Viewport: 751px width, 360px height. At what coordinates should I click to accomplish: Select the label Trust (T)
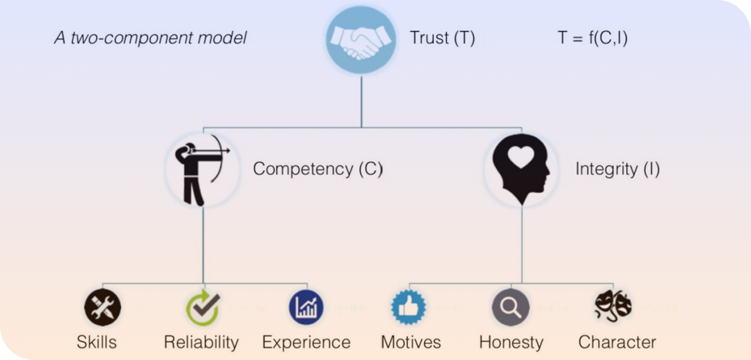click(x=442, y=38)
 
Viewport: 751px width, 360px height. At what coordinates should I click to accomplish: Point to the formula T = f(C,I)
click(x=593, y=38)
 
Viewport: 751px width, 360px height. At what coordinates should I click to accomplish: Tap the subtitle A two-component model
click(x=150, y=38)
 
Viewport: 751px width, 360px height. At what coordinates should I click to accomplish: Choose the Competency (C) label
click(x=317, y=169)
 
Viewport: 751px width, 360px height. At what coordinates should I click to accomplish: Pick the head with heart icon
click(x=521, y=169)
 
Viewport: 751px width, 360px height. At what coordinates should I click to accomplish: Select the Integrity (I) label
click(x=617, y=169)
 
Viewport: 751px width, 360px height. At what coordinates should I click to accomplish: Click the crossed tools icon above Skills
click(x=103, y=307)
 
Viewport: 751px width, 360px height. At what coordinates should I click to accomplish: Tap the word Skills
click(x=97, y=342)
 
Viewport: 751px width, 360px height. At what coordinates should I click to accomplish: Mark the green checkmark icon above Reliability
click(x=203, y=307)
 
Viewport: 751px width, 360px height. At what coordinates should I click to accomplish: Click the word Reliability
click(x=201, y=342)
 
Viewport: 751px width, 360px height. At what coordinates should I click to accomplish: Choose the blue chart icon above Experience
click(x=306, y=307)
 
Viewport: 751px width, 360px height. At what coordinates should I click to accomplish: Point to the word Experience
click(x=306, y=342)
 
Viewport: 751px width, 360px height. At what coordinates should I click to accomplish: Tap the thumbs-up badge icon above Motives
click(x=409, y=307)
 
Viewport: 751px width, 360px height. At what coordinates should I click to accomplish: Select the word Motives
click(x=411, y=342)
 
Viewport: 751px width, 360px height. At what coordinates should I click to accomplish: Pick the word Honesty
click(x=511, y=342)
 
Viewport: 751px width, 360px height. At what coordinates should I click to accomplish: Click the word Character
click(x=617, y=342)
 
